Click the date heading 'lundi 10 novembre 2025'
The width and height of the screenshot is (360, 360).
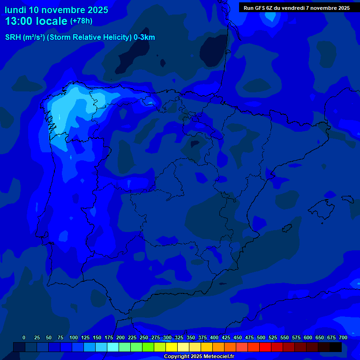(56, 10)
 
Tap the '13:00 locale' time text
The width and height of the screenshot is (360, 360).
(36, 21)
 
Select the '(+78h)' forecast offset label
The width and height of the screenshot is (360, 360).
(81, 21)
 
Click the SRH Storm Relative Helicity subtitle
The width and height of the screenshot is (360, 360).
(80, 37)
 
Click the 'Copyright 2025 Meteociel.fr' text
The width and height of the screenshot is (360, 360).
(199, 356)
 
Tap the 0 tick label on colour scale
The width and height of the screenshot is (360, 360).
(24, 337)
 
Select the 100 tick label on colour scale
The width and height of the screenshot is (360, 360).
(74, 337)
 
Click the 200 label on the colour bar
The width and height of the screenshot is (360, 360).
(120, 337)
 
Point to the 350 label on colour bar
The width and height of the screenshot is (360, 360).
(191, 337)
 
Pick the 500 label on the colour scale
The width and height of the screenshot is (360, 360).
(261, 337)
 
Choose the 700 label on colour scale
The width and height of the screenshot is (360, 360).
(343, 337)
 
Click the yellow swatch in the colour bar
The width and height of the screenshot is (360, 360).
(172, 347)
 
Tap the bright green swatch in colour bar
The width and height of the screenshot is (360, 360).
(148, 347)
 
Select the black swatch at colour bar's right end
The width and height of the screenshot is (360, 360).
(336, 347)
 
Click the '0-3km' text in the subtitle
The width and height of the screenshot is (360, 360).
(144, 37)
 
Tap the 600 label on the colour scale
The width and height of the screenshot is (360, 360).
(308, 337)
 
